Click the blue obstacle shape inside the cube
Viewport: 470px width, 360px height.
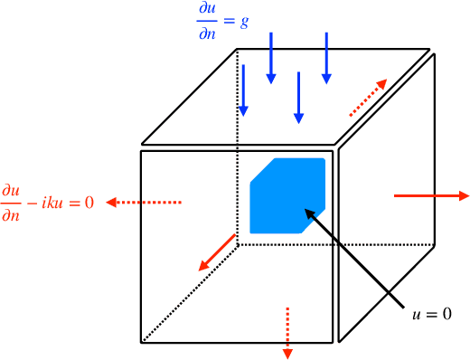point(287,194)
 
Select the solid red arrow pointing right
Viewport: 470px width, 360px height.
point(431,194)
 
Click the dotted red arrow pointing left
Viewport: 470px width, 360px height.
point(145,202)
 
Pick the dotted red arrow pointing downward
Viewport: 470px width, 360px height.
point(287,330)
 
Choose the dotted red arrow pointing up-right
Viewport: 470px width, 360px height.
point(370,98)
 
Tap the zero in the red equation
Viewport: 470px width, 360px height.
point(89,202)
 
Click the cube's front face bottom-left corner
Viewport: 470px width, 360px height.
point(142,342)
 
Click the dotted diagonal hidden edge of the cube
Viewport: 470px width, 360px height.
point(190,289)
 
